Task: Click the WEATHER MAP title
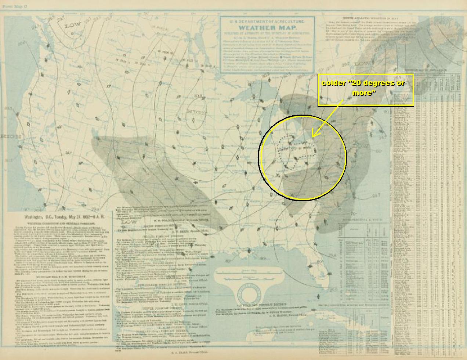click(267, 28)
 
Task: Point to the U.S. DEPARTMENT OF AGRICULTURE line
click(267, 21)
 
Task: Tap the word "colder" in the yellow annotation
click(334, 83)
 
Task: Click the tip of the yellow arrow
click(312, 137)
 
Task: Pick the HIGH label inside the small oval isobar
click(196, 112)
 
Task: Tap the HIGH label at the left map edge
click(10, 137)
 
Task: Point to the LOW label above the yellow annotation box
click(363, 64)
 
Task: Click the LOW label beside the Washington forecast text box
click(129, 222)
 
